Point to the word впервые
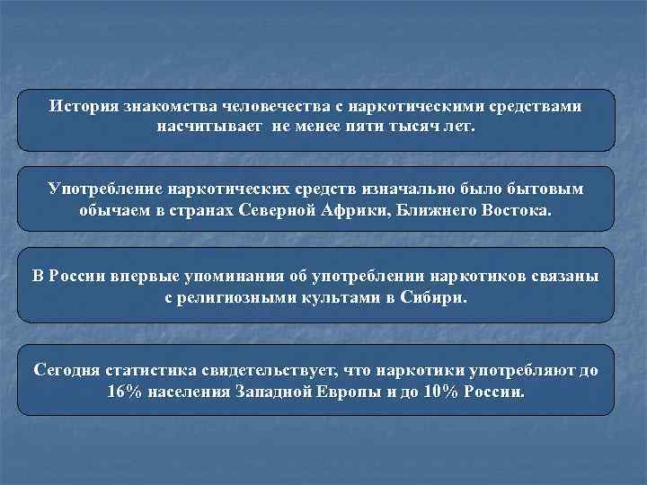pyautogui.click(x=147, y=275)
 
